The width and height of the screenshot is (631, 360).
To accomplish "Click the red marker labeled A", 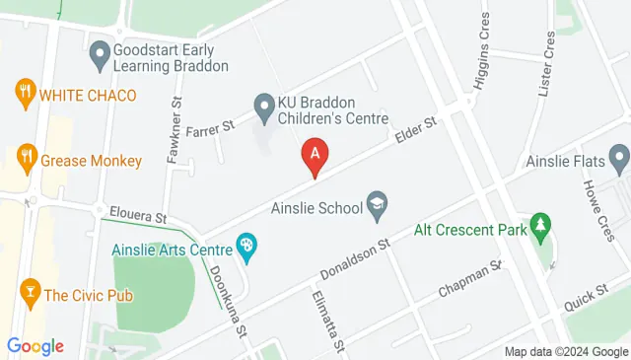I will coord(315,156).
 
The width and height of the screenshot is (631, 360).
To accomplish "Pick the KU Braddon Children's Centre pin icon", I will coord(263,104).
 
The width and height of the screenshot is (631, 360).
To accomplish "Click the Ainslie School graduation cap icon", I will coord(377,206).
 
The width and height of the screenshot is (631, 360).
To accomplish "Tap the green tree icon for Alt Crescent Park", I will coord(539,226).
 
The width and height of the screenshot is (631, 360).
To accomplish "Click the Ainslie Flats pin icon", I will coord(619,157).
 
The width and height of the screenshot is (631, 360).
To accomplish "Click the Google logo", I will coord(35,346).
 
